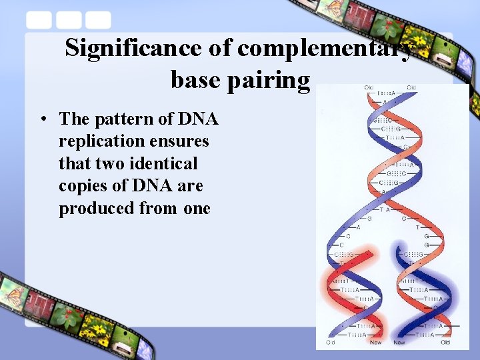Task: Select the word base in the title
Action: (x=194, y=80)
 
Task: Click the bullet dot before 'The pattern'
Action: (x=43, y=120)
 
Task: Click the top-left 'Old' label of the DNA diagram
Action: (x=368, y=87)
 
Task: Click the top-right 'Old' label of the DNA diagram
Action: (x=411, y=87)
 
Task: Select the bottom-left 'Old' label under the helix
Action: (x=330, y=343)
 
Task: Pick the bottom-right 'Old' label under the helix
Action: (x=445, y=343)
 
